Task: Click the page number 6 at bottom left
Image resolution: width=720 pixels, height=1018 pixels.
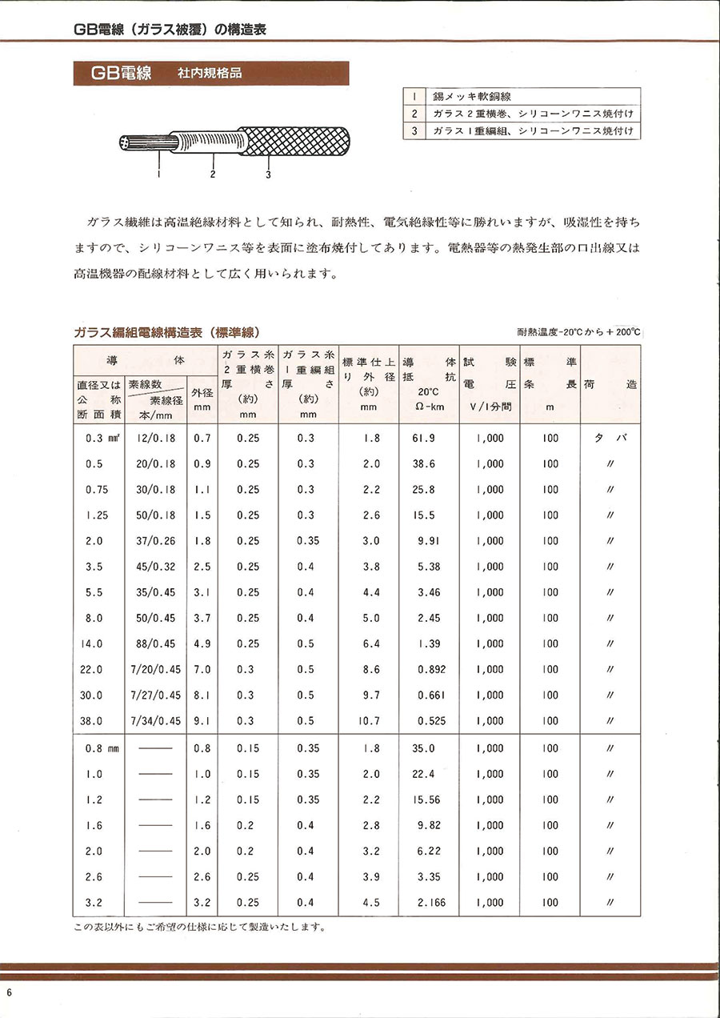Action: coord(9,992)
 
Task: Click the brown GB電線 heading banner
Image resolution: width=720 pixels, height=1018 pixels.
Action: coord(211,74)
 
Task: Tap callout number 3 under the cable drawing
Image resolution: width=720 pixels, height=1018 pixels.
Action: coord(268,174)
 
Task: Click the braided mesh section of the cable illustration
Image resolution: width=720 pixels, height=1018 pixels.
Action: coord(296,144)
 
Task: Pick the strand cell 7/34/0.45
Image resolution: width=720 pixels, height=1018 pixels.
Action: coord(155,720)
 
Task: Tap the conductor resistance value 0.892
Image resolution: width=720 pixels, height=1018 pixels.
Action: coord(430,669)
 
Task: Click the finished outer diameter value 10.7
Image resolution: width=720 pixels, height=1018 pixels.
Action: coord(369,720)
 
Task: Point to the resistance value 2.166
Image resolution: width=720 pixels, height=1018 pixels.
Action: coord(430,903)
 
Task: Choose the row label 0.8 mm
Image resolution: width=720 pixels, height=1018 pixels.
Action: coord(102,748)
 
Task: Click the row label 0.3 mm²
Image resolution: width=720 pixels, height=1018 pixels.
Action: coord(102,439)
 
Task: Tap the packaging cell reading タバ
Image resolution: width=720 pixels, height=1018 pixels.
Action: coord(610,439)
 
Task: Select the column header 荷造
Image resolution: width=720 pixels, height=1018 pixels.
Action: coord(610,384)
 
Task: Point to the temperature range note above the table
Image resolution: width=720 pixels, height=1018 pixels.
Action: coord(578,332)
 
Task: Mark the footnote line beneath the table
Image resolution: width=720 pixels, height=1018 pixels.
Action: coord(200,928)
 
